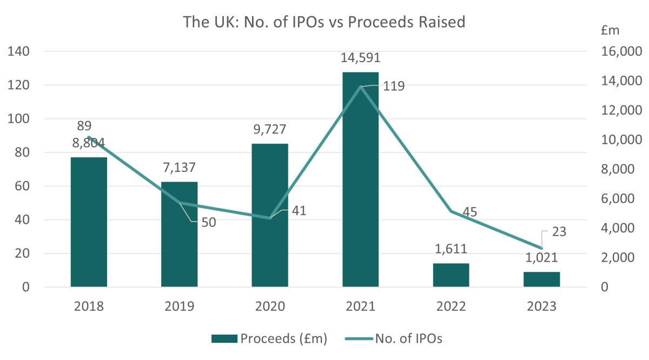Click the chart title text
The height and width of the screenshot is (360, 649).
324,22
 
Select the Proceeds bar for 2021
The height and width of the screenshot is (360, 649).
360,179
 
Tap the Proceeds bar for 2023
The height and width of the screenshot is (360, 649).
541,279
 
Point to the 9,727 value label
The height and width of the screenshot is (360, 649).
270,130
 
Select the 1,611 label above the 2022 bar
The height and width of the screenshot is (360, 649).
451,249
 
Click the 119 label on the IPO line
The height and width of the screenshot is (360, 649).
393,86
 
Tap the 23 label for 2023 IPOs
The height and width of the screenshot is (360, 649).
560,232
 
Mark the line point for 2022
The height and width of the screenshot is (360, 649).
451,211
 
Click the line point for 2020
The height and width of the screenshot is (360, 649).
269,218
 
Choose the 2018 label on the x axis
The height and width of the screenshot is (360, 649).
89,306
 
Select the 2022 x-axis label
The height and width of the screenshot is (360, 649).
451,306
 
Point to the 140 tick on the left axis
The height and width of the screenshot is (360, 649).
18,51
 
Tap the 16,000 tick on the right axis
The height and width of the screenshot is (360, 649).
622,51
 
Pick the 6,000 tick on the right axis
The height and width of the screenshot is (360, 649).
624,199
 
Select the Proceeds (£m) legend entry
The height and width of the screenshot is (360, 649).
270,339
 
